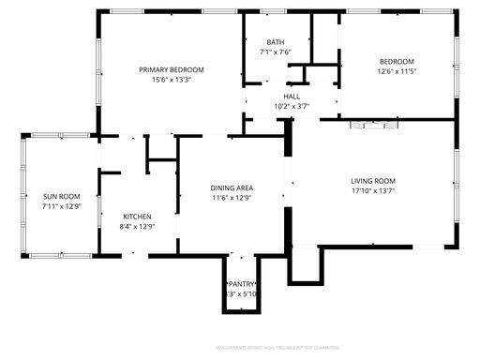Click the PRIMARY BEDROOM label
coord(172,69)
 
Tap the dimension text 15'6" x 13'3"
coord(172,81)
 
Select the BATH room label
coord(275,42)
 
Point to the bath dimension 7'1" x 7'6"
coord(275,52)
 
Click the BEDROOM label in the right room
coord(396,61)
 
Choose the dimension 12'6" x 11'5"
coord(396,71)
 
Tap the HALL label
coord(292,96)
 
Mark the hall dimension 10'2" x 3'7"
coord(292,106)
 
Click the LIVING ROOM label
coord(373,181)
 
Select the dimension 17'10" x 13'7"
coord(373,191)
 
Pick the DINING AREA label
coord(232,188)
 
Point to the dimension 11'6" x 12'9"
coord(232,199)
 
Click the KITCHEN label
coord(137,216)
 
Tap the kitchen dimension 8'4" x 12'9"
coord(137,226)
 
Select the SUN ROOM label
coord(62,196)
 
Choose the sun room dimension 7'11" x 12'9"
coord(62,206)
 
